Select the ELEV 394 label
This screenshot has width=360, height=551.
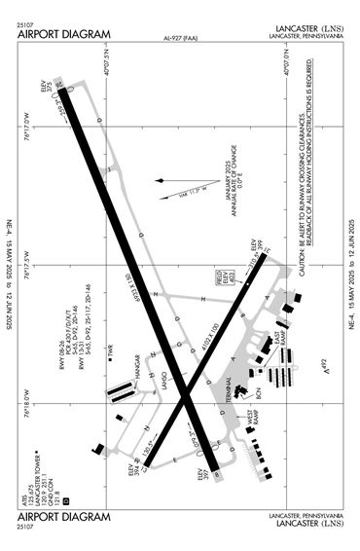point(129,474)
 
